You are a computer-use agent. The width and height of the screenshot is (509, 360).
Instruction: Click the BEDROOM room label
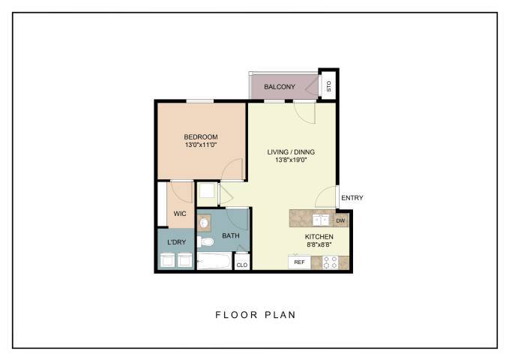(201, 136)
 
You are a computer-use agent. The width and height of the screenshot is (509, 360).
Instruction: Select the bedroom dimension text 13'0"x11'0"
(201, 145)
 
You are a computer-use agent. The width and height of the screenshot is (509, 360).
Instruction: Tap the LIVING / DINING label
(291, 152)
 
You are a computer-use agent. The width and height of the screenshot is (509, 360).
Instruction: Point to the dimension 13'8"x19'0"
(291, 160)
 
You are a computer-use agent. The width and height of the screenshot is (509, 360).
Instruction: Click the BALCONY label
(279, 88)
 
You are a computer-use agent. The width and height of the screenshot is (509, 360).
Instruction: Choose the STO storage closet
(328, 86)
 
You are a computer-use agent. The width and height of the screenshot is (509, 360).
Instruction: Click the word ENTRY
(352, 198)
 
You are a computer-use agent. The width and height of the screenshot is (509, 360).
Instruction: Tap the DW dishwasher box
(340, 220)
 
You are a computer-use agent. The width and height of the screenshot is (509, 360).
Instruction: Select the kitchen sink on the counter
(320, 220)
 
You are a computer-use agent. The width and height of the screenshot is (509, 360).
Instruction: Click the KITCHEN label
(319, 237)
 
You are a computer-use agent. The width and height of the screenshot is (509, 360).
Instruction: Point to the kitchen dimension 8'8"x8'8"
(319, 245)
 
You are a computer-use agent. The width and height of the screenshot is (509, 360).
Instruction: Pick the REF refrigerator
(299, 262)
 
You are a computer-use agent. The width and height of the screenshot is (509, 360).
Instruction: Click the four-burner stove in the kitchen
(331, 262)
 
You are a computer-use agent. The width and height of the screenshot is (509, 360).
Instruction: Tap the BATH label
(230, 236)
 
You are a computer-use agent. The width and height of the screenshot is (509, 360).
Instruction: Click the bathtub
(214, 262)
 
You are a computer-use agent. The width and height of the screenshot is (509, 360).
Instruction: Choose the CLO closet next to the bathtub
(241, 265)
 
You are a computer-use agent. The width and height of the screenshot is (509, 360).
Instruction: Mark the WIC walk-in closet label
(180, 214)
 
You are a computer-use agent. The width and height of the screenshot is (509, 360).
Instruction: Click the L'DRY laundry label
(176, 241)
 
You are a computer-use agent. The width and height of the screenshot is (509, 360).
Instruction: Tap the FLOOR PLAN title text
(255, 315)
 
